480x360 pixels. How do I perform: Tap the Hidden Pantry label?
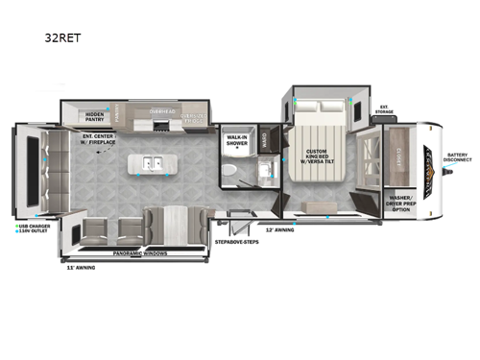point(94,117)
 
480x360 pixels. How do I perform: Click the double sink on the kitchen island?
point(153,164)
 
